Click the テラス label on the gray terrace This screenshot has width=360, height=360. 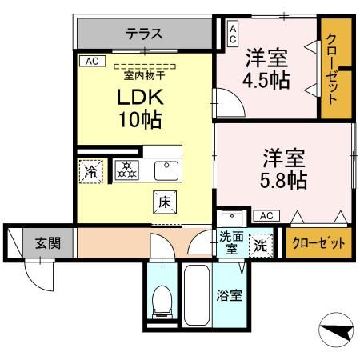pyautogui.click(x=144, y=34)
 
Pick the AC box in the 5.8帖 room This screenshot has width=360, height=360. pyautogui.click(x=266, y=215)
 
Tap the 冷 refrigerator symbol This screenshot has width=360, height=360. pyautogui.click(x=91, y=170)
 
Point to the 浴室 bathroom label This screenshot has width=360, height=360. pyautogui.click(x=230, y=295)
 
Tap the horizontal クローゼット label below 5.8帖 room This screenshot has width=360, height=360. pyautogui.click(x=318, y=242)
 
